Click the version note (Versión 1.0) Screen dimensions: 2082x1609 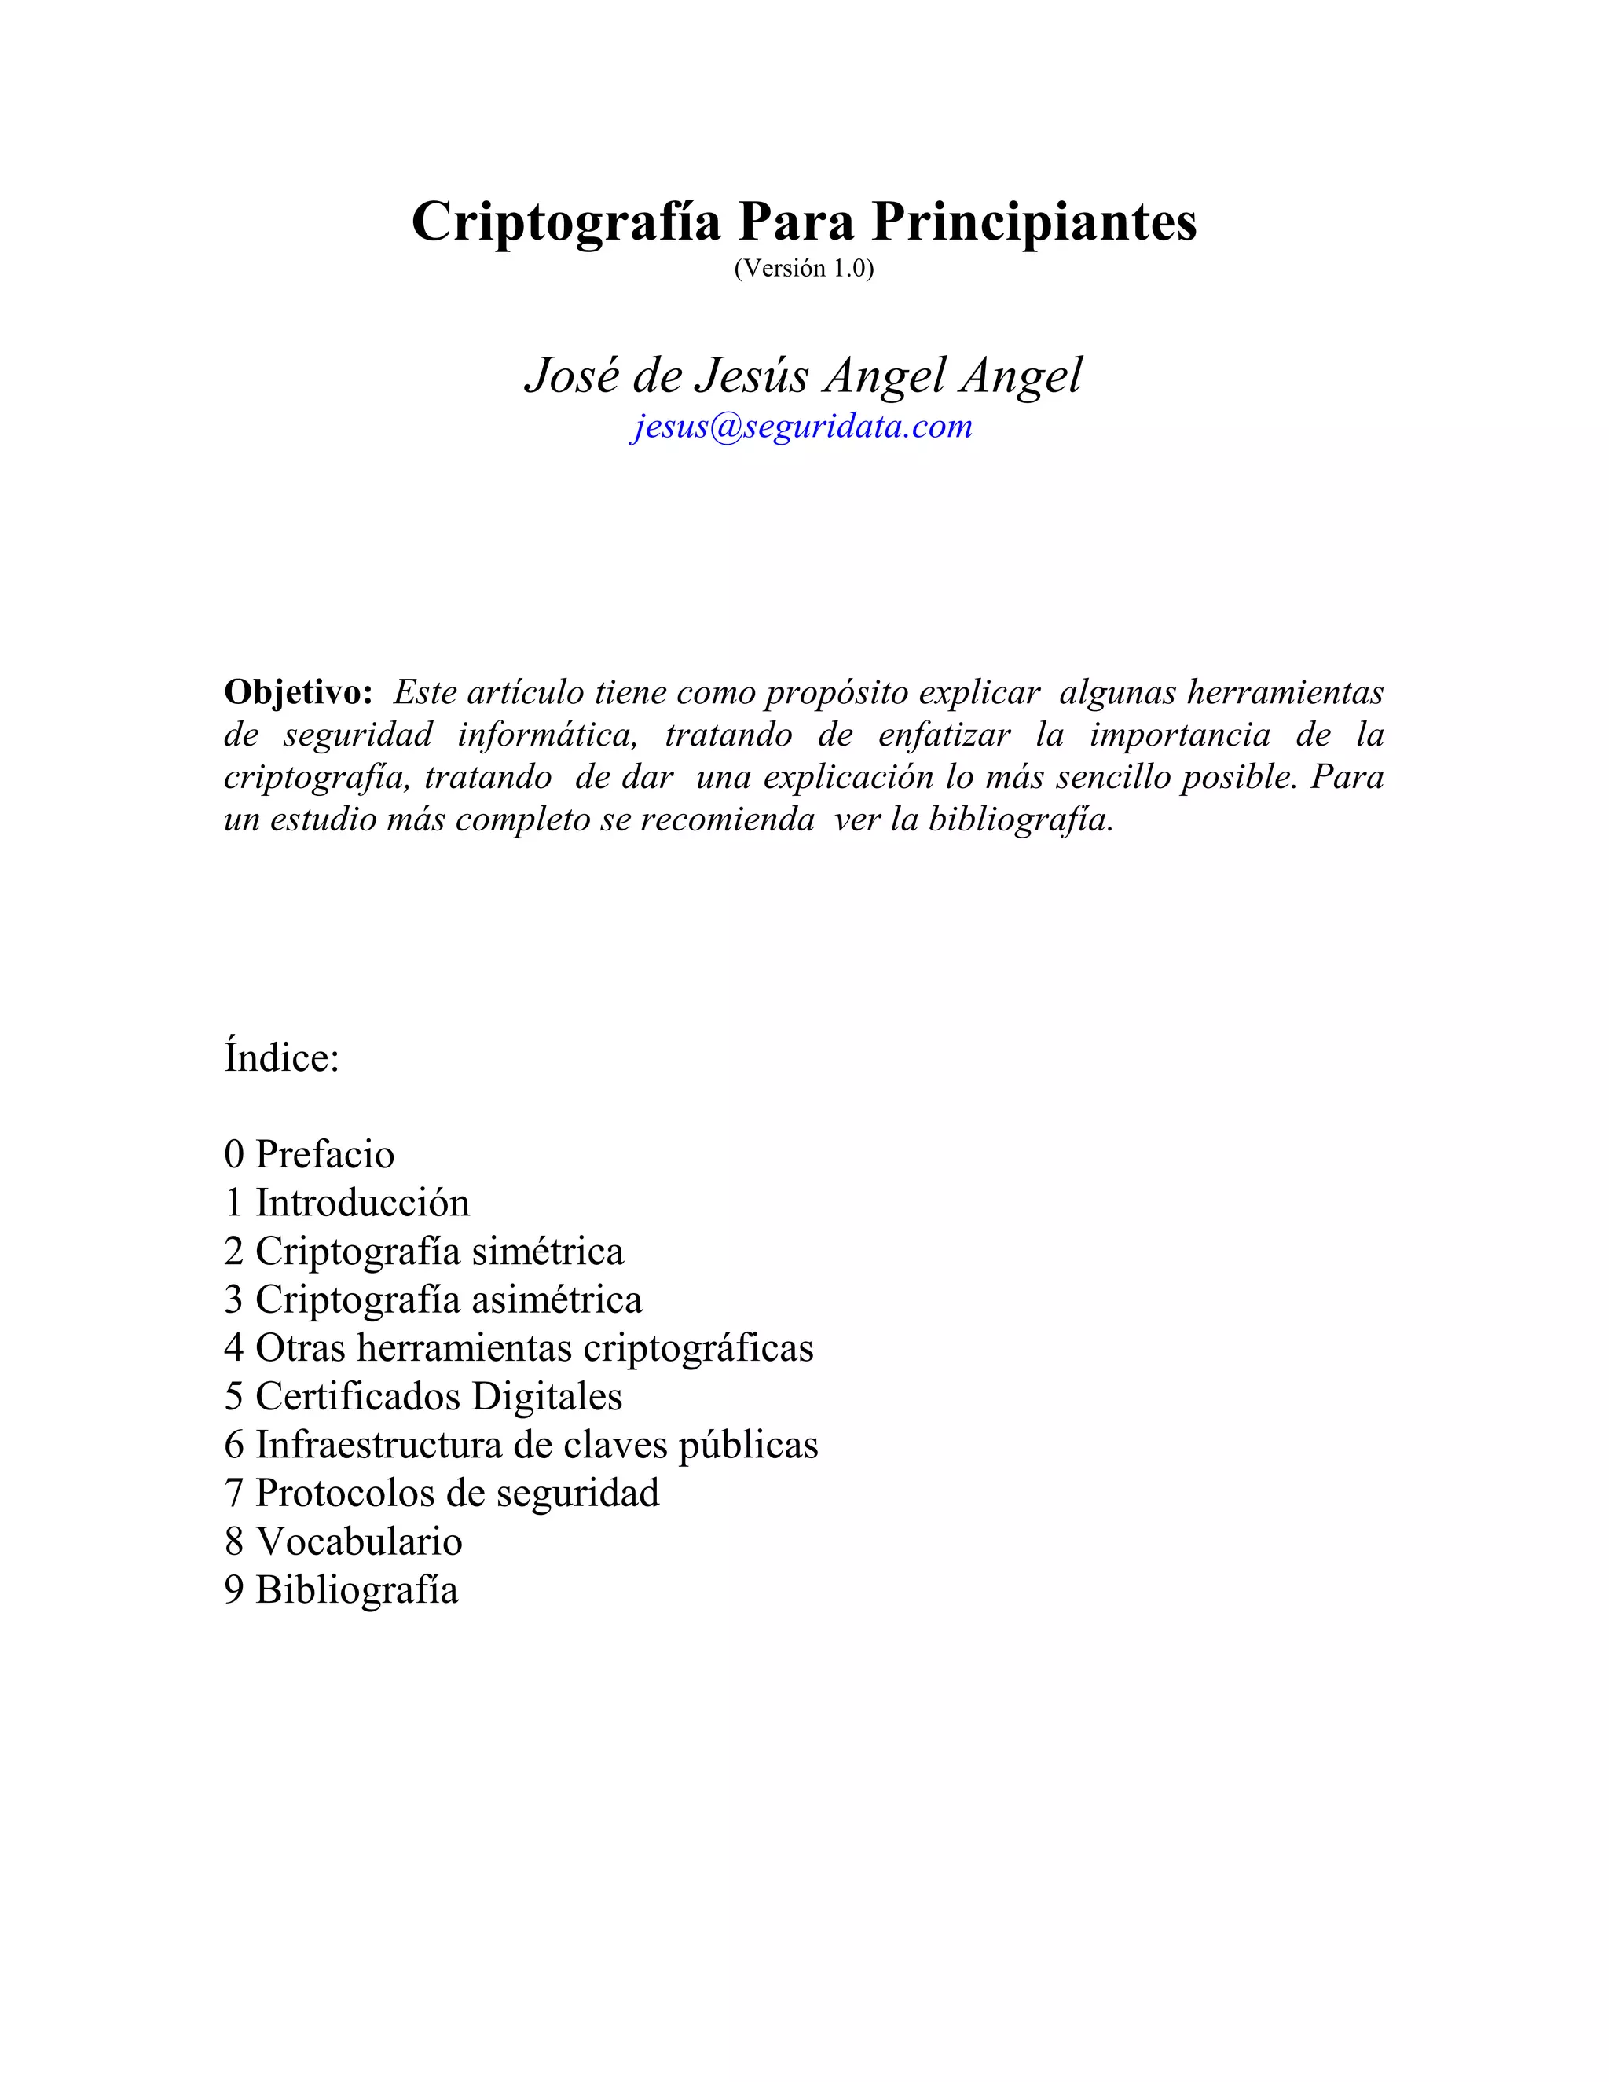[804, 269]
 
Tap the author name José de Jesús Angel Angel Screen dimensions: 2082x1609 [804, 376]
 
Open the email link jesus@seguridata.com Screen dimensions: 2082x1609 [801, 426]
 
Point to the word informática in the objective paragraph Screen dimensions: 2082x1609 [547, 735]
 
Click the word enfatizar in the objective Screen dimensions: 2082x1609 [944, 735]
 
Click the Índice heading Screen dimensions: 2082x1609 [282, 1058]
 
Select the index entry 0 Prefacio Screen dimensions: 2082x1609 [310, 1154]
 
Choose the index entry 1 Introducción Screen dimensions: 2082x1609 [347, 1203]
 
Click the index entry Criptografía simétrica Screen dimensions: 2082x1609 [424, 1252]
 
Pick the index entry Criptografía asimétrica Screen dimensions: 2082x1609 [434, 1299]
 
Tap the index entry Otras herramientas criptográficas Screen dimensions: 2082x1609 [519, 1348]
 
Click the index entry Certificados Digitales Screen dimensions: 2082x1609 [423, 1397]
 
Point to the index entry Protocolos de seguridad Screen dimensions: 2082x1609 [442, 1493]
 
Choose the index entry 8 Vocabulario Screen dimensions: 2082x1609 [343, 1541]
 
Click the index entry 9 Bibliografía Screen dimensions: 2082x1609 [341, 1590]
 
